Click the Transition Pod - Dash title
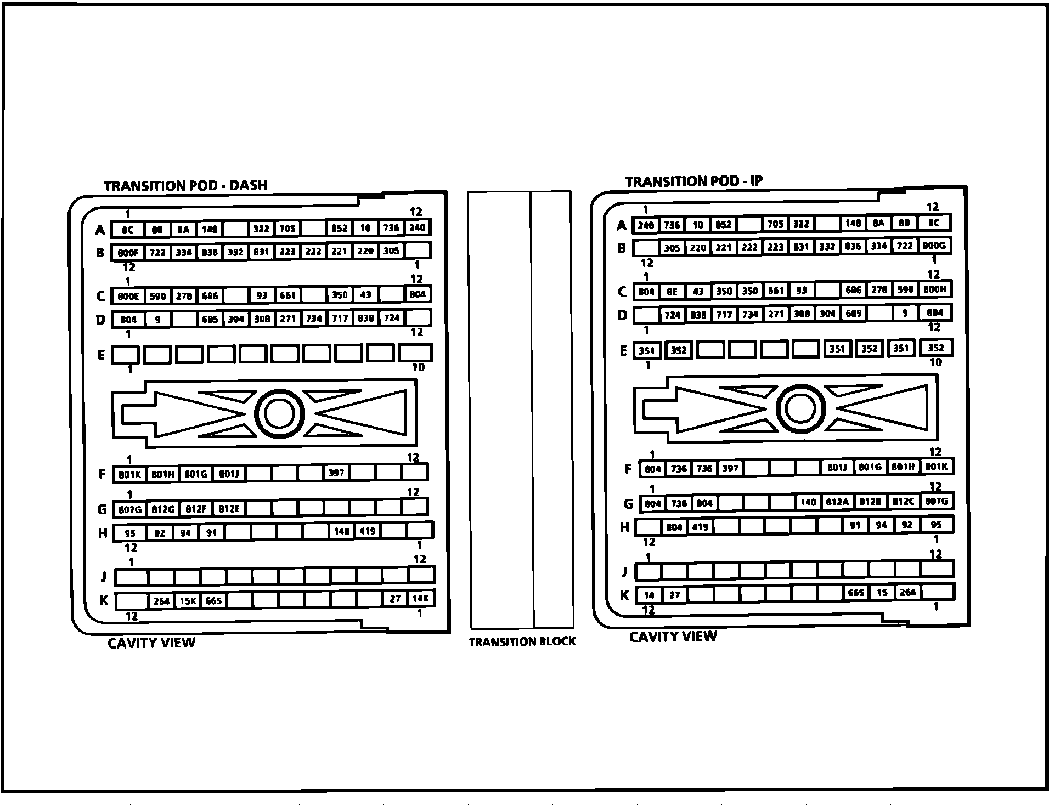(185, 186)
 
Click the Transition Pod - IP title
(693, 181)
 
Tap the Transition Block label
(522, 641)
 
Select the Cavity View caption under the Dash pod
(151, 643)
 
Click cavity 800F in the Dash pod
(128, 253)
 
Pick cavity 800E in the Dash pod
(128, 296)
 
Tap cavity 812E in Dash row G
(229, 509)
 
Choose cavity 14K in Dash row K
(421, 599)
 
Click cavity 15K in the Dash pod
(188, 601)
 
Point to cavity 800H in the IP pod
(934, 289)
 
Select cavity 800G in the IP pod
(934, 246)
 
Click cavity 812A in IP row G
(837, 502)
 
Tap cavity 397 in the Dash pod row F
(336, 473)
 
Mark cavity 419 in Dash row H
(367, 531)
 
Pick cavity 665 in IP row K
(856, 593)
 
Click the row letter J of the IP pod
(624, 572)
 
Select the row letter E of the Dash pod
(101, 355)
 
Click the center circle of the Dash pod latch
(279, 413)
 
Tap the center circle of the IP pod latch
(801, 408)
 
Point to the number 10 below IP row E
(935, 362)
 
